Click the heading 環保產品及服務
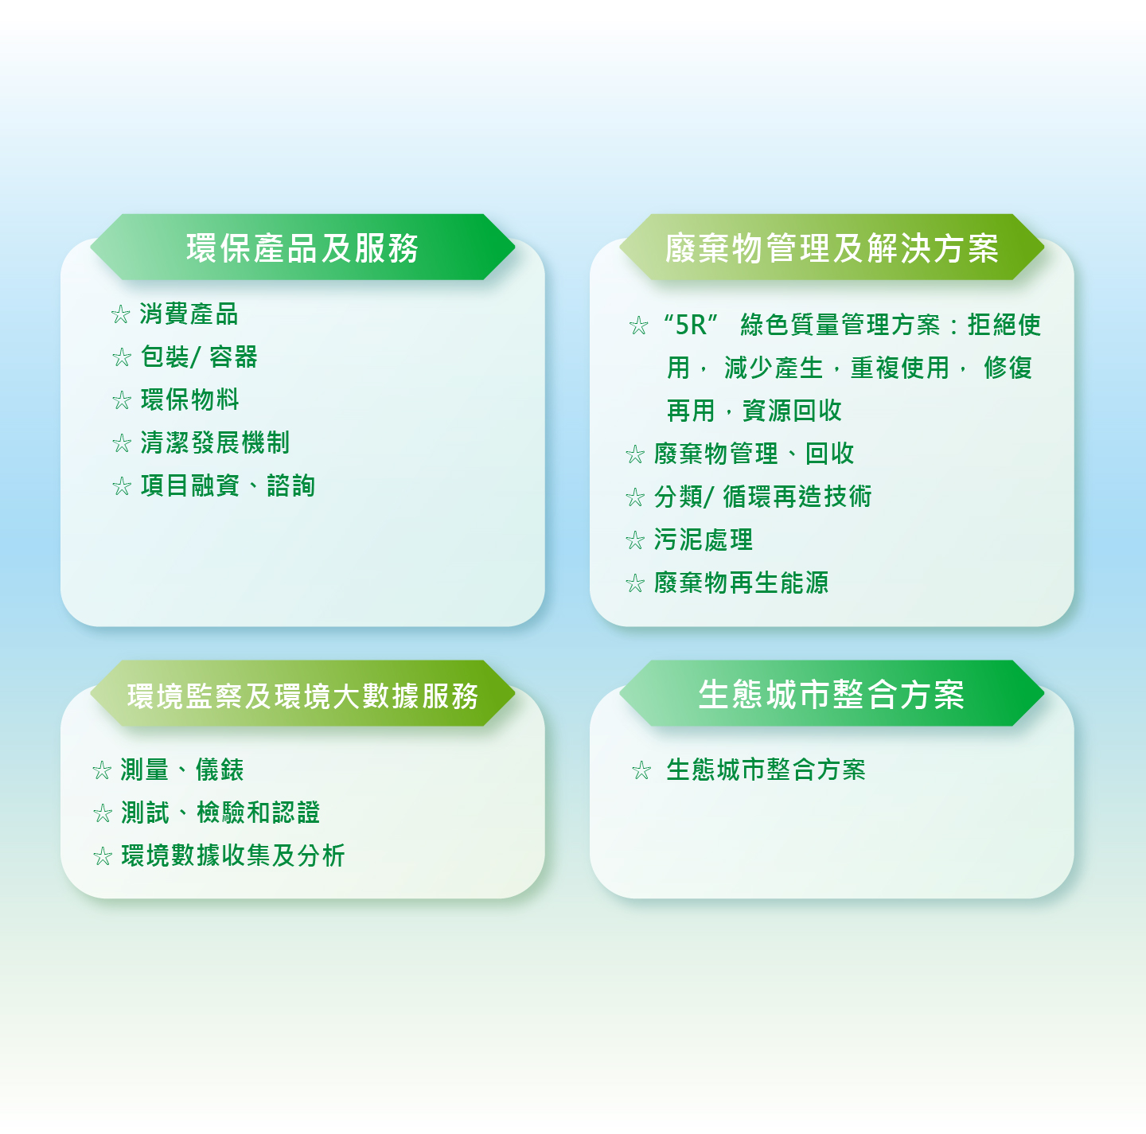(302, 247)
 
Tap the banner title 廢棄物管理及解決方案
(832, 247)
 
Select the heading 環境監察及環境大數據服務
(302, 696)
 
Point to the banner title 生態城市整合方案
(832, 694)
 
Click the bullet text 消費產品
(189, 314)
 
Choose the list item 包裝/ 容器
(199, 357)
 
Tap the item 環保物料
(189, 399)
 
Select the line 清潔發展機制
(215, 442)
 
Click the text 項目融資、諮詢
(228, 485)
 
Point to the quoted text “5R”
(690, 325)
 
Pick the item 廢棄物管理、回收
(754, 454)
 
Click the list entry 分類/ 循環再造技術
(762, 497)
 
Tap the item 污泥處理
(703, 540)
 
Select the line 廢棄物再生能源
(741, 583)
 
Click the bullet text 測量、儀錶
(182, 770)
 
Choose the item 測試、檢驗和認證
(220, 813)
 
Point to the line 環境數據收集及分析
(232, 855)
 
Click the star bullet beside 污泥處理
(635, 540)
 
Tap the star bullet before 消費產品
(121, 314)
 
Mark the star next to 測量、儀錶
(103, 770)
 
